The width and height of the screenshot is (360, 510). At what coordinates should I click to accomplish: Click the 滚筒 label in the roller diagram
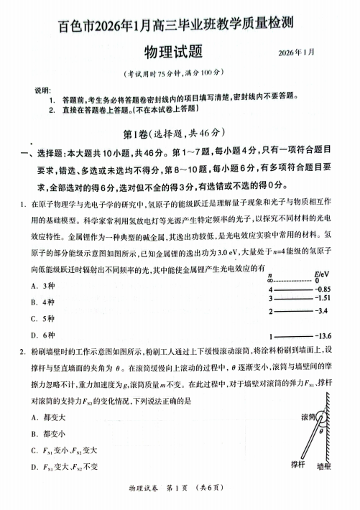click(x=306, y=417)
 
